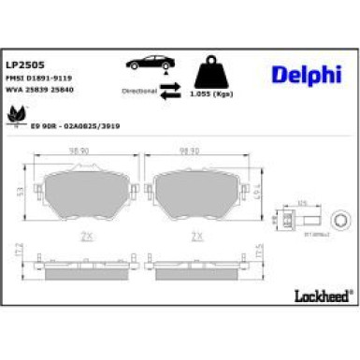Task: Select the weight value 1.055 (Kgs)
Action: pyautogui.click(x=211, y=94)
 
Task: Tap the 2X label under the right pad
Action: pyautogui.click(x=196, y=238)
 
